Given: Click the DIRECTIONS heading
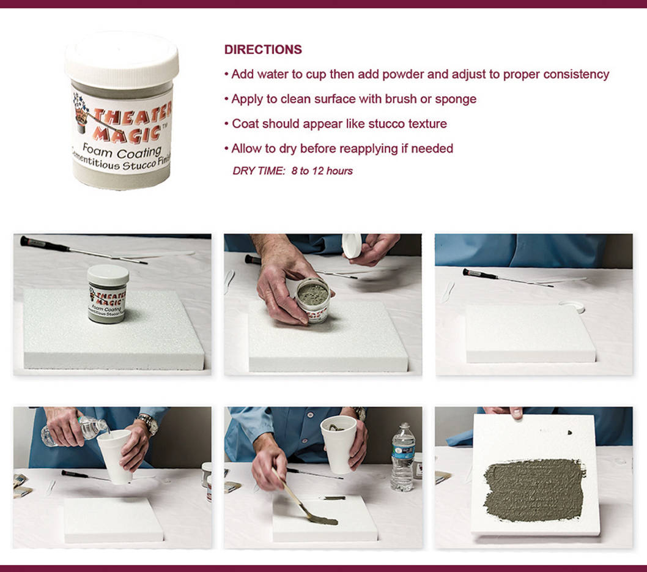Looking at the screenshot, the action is coord(263,50).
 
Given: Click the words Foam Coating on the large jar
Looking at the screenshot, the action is coord(121,151).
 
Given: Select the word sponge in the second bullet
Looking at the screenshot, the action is coord(456,100).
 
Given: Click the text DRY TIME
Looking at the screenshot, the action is coord(258,171).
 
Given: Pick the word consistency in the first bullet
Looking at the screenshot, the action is coord(576,75).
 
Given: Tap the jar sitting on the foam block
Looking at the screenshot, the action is coord(108,293).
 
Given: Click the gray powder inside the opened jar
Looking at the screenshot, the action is coord(312,292).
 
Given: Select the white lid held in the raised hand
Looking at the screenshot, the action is coord(352,246).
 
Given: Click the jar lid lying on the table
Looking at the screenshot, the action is coord(572,306).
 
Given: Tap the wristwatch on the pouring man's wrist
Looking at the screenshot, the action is coord(148,423).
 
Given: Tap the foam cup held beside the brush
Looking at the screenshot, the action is coord(339,444).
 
